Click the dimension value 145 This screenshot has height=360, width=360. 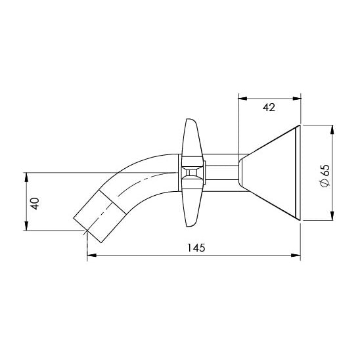(x=196, y=248)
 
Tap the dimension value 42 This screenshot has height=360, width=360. (x=269, y=107)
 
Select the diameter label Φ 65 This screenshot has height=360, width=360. (x=325, y=176)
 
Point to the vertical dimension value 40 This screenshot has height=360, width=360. (x=35, y=204)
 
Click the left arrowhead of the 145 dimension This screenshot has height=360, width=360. (x=91, y=255)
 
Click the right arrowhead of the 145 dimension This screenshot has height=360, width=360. (x=296, y=255)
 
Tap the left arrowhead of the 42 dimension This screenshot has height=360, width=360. (x=243, y=99)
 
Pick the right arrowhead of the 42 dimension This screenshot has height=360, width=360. (x=297, y=99)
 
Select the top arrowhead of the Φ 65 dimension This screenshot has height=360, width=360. (x=332, y=129)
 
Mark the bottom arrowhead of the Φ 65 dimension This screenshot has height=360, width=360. (x=332, y=216)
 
